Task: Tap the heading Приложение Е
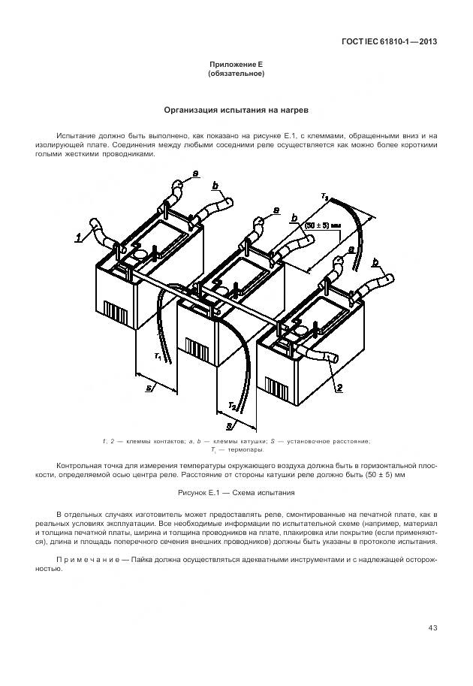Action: pyautogui.click(x=236, y=66)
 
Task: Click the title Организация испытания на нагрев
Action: pyautogui.click(x=236, y=110)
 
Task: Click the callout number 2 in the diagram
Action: pyautogui.click(x=339, y=388)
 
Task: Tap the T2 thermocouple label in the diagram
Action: pyautogui.click(x=233, y=406)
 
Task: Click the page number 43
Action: pyautogui.click(x=432, y=628)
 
